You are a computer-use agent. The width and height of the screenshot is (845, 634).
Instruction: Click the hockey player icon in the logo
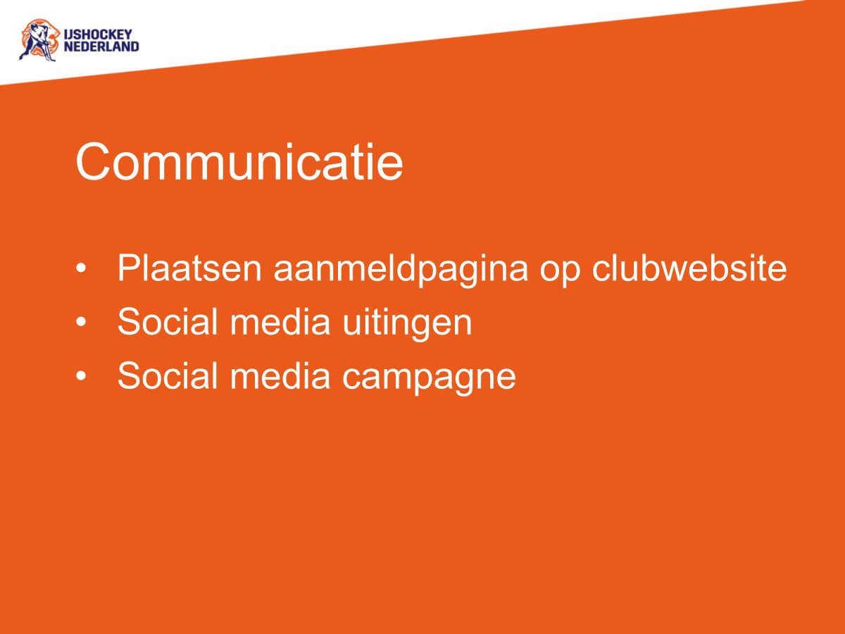coord(37,40)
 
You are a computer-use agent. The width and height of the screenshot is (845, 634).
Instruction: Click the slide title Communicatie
coord(239,162)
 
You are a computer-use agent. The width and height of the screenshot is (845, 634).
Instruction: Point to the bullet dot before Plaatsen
coord(83,268)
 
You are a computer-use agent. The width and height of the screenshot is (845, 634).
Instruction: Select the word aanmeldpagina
coord(401,270)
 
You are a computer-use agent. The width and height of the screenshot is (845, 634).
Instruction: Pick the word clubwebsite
coord(689,268)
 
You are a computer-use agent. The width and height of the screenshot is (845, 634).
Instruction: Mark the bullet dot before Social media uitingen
coord(83,323)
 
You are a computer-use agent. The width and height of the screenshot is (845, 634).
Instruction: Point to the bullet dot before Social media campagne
coord(83,377)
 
